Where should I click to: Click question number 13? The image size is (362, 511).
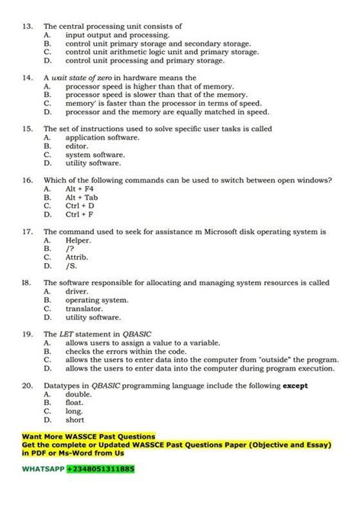point(27,26)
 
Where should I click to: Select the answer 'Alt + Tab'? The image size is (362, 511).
point(82,197)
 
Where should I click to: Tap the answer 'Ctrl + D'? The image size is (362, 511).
point(80,206)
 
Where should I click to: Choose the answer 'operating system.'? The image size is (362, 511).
point(96,300)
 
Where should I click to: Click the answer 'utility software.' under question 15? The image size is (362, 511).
point(93,163)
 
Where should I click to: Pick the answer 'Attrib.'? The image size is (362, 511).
point(78,258)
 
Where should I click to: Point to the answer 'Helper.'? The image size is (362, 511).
point(78,240)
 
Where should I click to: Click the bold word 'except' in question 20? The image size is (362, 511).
point(296,386)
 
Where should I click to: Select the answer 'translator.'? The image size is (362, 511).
point(84,309)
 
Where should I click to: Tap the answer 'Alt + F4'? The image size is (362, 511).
point(79,188)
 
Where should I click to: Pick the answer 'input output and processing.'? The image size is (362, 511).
point(117,35)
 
